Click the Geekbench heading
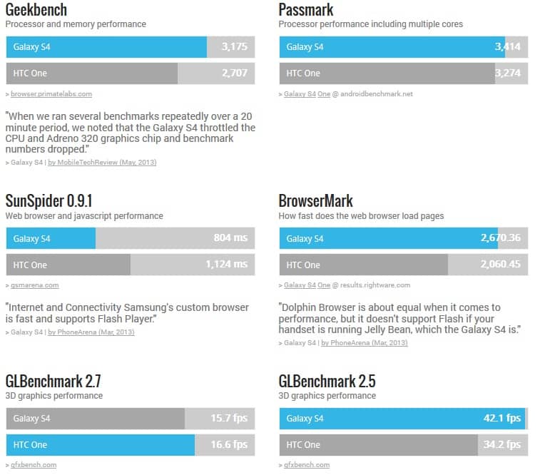coord(36,10)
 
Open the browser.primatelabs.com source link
coord(51,94)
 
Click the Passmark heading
coord(306,10)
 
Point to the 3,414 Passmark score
coord(507,47)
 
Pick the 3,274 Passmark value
coord(507,73)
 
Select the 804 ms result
coord(230,238)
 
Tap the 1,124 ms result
coord(226,265)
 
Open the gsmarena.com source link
coord(35,285)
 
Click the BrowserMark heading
coord(316,201)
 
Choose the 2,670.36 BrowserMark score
coord(501,238)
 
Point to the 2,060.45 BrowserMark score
coord(501,265)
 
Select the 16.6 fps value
coord(230,444)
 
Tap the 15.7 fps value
coord(230,418)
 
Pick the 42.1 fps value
coord(502,418)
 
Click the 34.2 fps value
coord(502,444)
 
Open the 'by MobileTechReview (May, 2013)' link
coord(102,163)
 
